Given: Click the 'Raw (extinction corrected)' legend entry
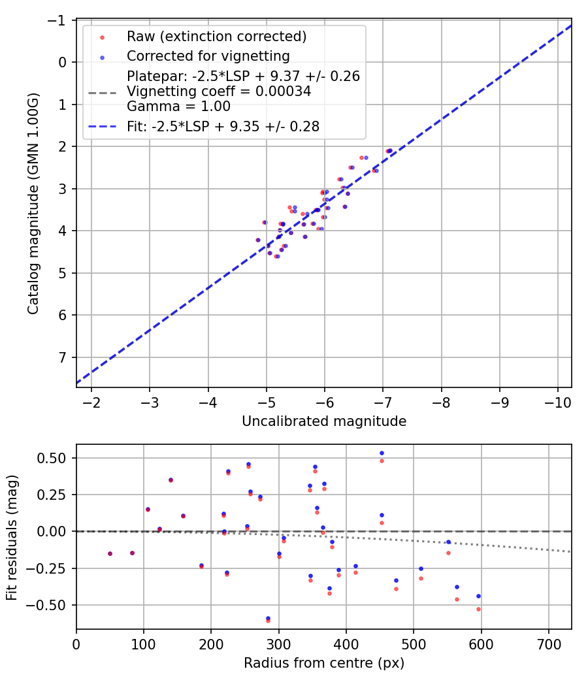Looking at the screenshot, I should click(x=216, y=36).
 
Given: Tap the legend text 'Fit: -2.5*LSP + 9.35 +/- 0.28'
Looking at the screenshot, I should click(x=223, y=127).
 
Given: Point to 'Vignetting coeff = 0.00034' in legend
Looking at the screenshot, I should click(x=219, y=91).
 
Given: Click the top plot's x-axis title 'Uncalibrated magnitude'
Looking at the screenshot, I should click(x=324, y=421).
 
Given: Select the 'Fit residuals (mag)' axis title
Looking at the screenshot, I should click(x=11, y=537).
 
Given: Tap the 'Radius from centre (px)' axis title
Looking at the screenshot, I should click(x=324, y=663).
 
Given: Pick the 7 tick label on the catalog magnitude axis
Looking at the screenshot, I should click(x=63, y=357).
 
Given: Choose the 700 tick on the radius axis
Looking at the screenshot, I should click(x=549, y=644).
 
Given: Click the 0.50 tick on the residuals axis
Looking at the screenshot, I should click(x=56, y=458).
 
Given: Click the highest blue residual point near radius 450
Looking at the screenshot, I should click(x=382, y=453).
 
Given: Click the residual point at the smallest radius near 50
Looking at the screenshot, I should click(x=110, y=553).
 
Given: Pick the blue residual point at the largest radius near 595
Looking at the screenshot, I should click(x=478, y=596).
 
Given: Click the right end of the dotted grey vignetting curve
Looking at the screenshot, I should click(x=571, y=551).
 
